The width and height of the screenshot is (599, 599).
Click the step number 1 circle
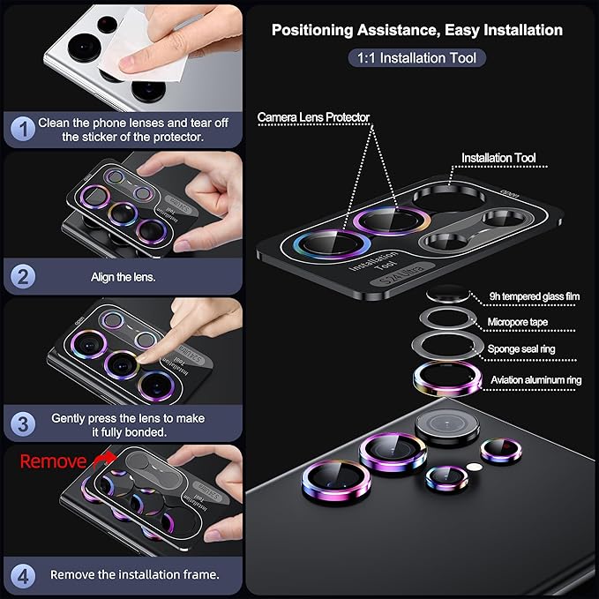pos(23,129)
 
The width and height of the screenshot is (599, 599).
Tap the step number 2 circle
pos(23,277)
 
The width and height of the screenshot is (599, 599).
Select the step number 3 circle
pos(23,424)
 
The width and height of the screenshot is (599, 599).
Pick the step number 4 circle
pos(23,576)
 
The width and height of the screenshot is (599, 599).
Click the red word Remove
pos(53,461)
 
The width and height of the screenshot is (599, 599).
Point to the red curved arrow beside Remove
pos(105,460)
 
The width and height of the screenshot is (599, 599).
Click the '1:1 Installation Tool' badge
pos(416,58)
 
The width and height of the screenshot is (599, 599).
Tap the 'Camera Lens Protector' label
pos(314,117)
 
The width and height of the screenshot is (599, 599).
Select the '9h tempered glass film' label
pos(535,296)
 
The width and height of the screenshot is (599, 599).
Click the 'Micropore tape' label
pos(518,322)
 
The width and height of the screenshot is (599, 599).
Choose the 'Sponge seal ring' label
pos(521,348)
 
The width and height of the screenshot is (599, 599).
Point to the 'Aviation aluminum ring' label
pos(536,380)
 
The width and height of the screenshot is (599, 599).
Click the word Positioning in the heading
pos(312,30)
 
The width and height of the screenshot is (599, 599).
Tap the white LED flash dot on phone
pos(474,467)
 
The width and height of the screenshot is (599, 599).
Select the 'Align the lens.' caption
pos(123,277)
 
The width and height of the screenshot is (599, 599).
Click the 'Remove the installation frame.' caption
pos(134,575)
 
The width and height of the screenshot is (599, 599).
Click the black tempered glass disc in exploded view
pos(448,294)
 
